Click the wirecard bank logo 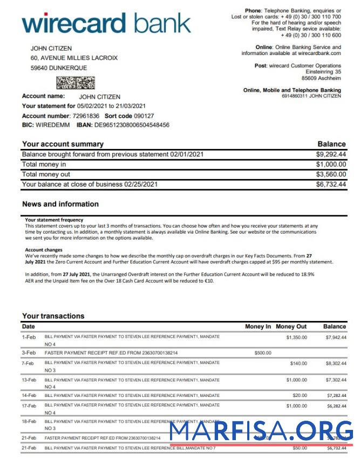point(106,24)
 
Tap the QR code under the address point(76,83)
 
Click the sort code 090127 point(144,116)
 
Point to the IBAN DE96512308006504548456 point(131,125)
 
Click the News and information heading point(60,204)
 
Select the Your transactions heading point(53,316)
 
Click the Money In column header point(258,326)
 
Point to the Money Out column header point(291,326)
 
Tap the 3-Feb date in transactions point(29,353)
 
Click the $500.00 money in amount point(263,353)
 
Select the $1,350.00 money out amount point(296,337)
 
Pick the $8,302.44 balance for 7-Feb point(336,364)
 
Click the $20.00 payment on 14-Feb point(300,395)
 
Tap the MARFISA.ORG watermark point(262,431)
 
